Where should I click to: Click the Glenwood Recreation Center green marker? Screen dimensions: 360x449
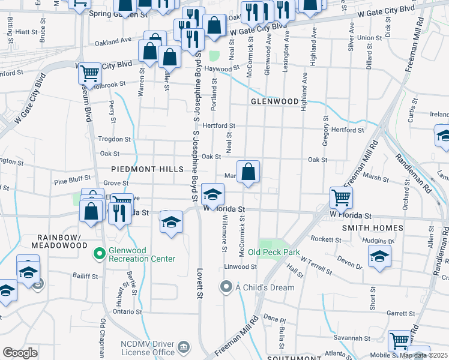[100, 254]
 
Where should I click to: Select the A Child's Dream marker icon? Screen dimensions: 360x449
[226, 287]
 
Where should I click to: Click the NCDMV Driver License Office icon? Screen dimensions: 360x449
[184, 346]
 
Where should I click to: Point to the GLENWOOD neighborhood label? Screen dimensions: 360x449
[274, 101]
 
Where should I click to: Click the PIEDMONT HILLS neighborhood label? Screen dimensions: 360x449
[146, 170]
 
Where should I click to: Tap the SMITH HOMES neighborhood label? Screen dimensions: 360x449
[372, 228]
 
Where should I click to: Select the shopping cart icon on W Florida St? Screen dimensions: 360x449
[341, 197]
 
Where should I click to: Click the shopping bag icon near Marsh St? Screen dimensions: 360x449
[248, 172]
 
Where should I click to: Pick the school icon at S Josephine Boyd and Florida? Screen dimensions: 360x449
[212, 194]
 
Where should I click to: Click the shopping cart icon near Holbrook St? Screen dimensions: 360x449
[89, 73]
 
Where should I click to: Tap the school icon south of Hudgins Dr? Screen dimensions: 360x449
[380, 256]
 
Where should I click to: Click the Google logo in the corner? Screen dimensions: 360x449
[20, 352]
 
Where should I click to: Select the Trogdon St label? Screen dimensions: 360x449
[110, 139]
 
